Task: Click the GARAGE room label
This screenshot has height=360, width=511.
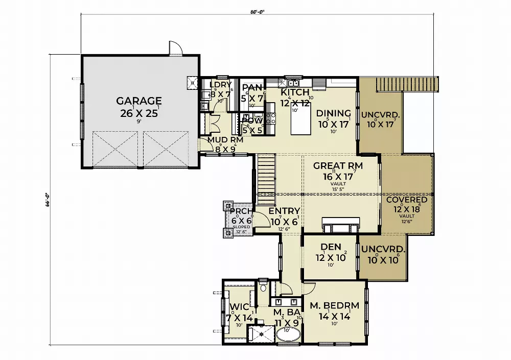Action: (138, 101)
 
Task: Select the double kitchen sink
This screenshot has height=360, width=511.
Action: (293, 83)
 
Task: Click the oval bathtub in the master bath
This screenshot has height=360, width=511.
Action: (289, 334)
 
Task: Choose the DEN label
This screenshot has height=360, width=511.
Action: (331, 247)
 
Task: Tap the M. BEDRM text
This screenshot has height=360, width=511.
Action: (334, 306)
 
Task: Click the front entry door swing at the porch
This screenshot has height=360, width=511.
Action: (263, 220)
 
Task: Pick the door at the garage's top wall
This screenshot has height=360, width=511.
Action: (175, 49)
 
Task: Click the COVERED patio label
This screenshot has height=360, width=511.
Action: (406, 200)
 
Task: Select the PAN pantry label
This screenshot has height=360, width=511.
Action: (252, 87)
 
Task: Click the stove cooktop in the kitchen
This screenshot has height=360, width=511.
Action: (271, 119)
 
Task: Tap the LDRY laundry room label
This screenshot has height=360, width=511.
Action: (221, 85)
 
